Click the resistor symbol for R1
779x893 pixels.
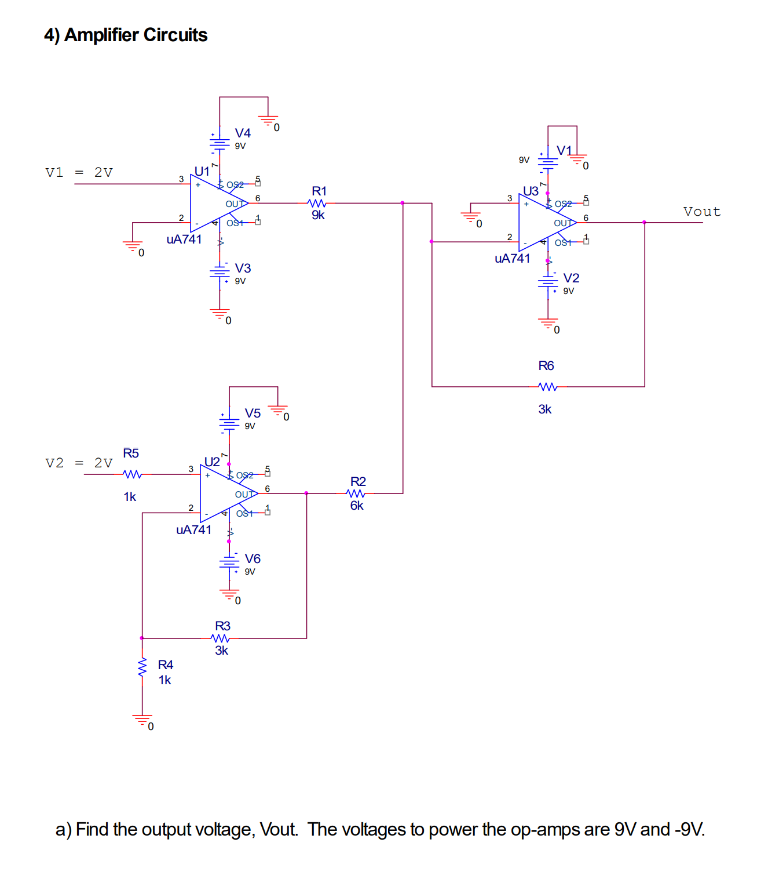[x=317, y=204]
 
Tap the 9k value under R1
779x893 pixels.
[x=318, y=215]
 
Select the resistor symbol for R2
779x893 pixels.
[x=356, y=493]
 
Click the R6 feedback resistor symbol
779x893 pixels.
[x=547, y=387]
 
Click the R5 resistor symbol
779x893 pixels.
[x=133, y=474]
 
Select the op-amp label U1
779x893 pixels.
[x=202, y=172]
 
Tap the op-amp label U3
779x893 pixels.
[x=530, y=191]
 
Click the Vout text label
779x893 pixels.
[x=702, y=212]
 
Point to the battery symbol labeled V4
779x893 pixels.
[x=220, y=142]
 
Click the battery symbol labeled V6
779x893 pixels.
[x=229, y=562]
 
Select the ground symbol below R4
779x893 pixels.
[x=142, y=720]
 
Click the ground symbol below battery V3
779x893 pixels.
[x=220, y=314]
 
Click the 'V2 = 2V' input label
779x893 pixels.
[x=79, y=463]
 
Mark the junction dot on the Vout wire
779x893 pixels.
[x=644, y=222]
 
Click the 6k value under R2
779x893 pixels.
[x=357, y=506]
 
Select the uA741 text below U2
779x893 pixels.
[x=193, y=530]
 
